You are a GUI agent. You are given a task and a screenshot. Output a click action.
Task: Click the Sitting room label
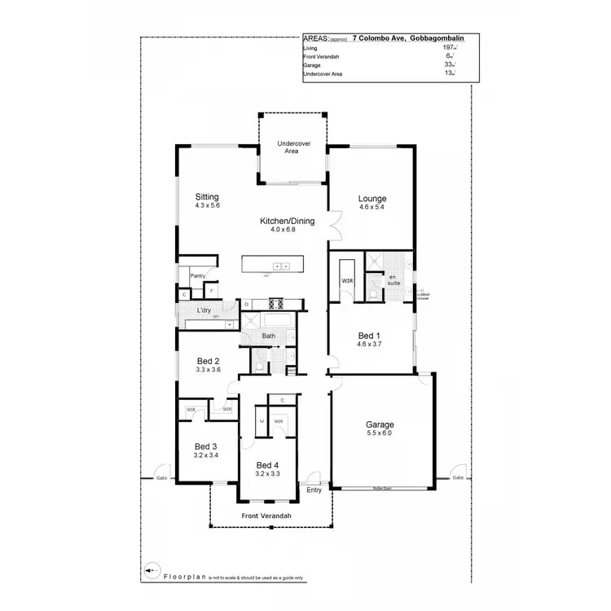tap(207, 197)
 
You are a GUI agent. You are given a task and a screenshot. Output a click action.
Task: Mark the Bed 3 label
tap(205, 446)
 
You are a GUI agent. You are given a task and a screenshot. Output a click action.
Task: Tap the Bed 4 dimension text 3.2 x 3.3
tap(268, 473)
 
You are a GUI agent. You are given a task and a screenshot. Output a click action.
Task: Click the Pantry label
tap(197, 276)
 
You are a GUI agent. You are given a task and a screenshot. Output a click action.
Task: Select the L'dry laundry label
tap(204, 311)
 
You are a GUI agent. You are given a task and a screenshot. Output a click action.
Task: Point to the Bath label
tap(268, 336)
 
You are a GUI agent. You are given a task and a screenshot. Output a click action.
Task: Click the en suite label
tap(393, 281)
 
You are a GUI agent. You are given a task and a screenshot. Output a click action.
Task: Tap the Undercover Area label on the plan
tap(292, 147)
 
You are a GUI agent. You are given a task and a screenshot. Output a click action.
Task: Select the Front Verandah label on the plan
tap(266, 516)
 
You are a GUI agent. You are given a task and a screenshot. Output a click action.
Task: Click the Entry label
tap(314, 490)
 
